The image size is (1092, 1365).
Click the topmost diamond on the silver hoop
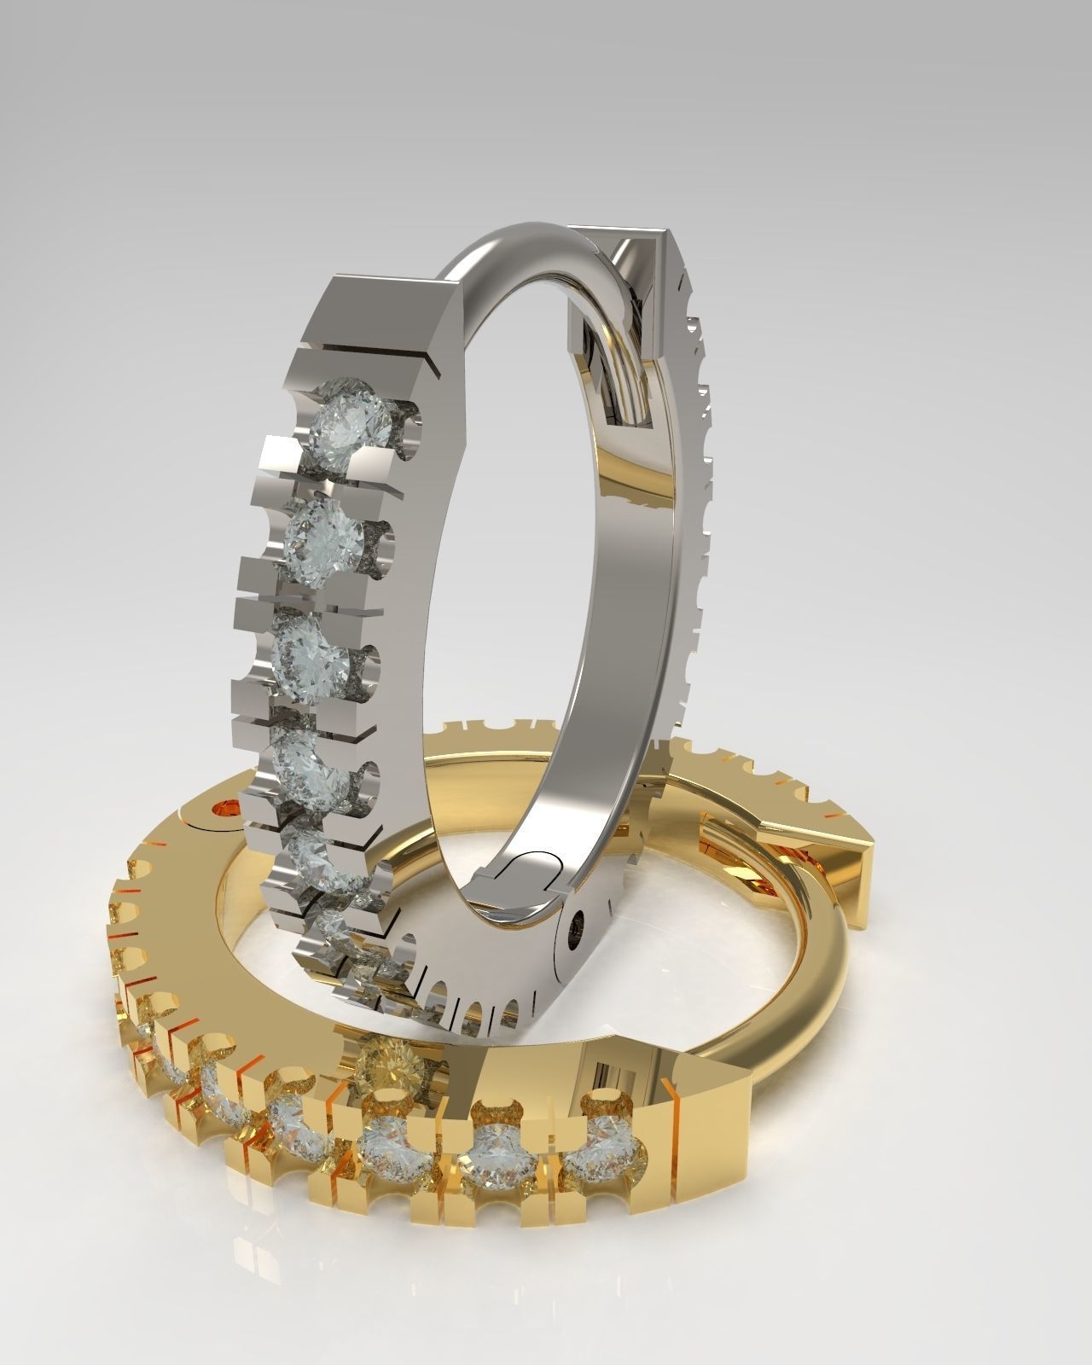[x=351, y=420]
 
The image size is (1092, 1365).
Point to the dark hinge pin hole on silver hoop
[x=580, y=924]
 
